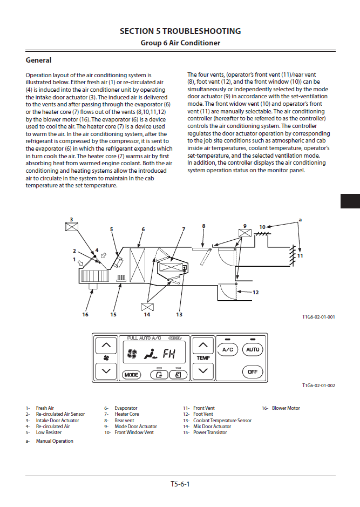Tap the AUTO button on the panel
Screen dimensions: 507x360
[252, 350]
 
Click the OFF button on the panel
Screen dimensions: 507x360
[252, 371]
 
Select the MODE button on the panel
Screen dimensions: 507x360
[131, 374]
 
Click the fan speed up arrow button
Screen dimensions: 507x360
[106, 345]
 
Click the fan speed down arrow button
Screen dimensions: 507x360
[106, 371]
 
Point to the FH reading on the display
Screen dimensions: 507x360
[169, 354]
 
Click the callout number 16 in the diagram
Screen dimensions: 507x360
[85, 314]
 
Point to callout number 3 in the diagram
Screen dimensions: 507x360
[71, 220]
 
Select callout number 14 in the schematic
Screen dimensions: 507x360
[147, 314]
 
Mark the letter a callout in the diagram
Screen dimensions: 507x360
[300, 220]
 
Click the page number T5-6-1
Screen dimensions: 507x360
[180, 484]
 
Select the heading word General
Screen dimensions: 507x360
[39, 60]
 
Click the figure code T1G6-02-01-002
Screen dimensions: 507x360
[318, 386]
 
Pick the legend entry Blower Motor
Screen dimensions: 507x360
[286, 408]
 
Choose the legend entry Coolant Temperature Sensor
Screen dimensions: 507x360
[222, 421]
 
